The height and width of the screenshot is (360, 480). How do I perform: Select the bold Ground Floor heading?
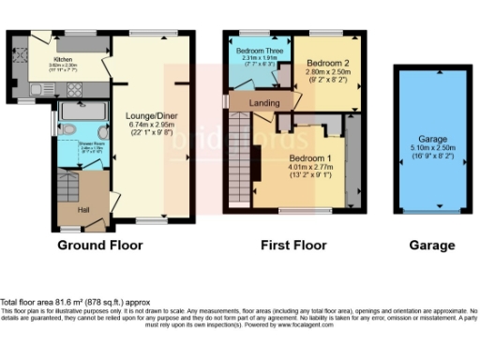100,246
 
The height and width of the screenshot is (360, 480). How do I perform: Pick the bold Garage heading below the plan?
432,246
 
